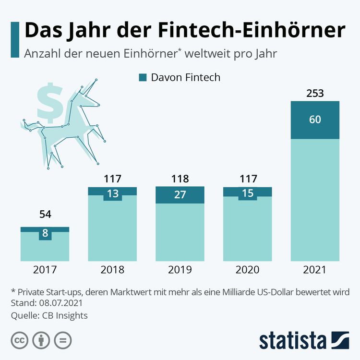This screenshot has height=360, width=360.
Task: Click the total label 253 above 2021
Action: tap(315, 93)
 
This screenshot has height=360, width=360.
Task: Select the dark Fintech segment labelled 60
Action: tap(315, 120)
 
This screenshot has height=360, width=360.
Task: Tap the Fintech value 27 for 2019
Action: tap(180, 195)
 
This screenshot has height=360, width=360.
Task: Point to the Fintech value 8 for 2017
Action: tap(45, 234)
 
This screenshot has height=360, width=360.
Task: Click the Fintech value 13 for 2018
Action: tap(112, 194)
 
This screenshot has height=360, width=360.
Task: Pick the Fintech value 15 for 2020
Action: tap(248, 193)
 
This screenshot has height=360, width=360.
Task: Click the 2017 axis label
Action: tap(45, 270)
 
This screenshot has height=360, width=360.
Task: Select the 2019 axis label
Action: tap(180, 270)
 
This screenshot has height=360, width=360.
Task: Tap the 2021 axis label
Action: tap(315, 270)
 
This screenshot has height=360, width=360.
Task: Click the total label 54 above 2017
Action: tap(45, 215)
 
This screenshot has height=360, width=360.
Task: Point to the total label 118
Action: tap(180, 179)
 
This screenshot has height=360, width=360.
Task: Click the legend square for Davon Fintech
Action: tap(142, 77)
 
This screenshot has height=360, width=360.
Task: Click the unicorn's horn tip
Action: tap(96, 79)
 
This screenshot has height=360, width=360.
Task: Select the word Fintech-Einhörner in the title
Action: tap(251, 31)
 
